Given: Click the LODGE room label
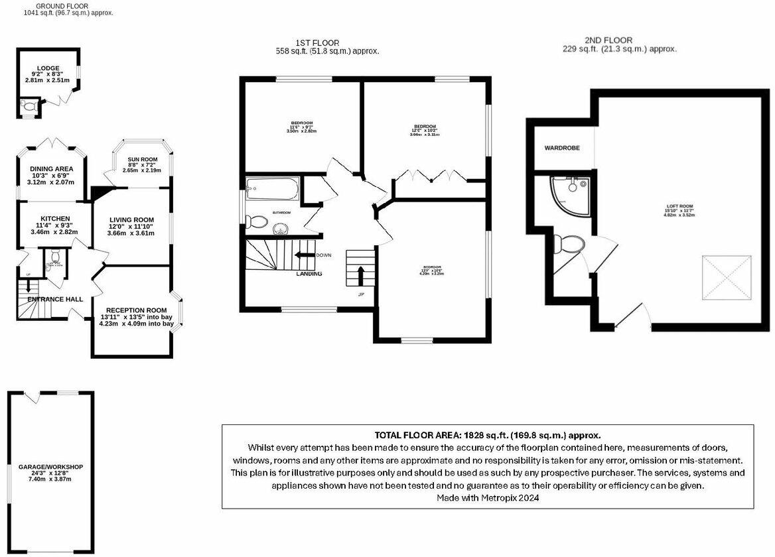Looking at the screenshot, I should click(x=48, y=68).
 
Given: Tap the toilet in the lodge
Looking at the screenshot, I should click(x=29, y=105).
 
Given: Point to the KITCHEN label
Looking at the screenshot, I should click(x=55, y=219).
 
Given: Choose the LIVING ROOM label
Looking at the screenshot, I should click(x=131, y=220).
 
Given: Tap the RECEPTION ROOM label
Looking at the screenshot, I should click(x=136, y=310).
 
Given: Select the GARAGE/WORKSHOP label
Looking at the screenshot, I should click(x=50, y=467).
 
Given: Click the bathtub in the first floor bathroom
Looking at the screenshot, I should click(x=272, y=190).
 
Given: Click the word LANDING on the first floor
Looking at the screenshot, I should click(x=308, y=274).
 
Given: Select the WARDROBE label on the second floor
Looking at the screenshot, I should click(x=563, y=148).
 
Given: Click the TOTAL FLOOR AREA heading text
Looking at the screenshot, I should click(x=488, y=436).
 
